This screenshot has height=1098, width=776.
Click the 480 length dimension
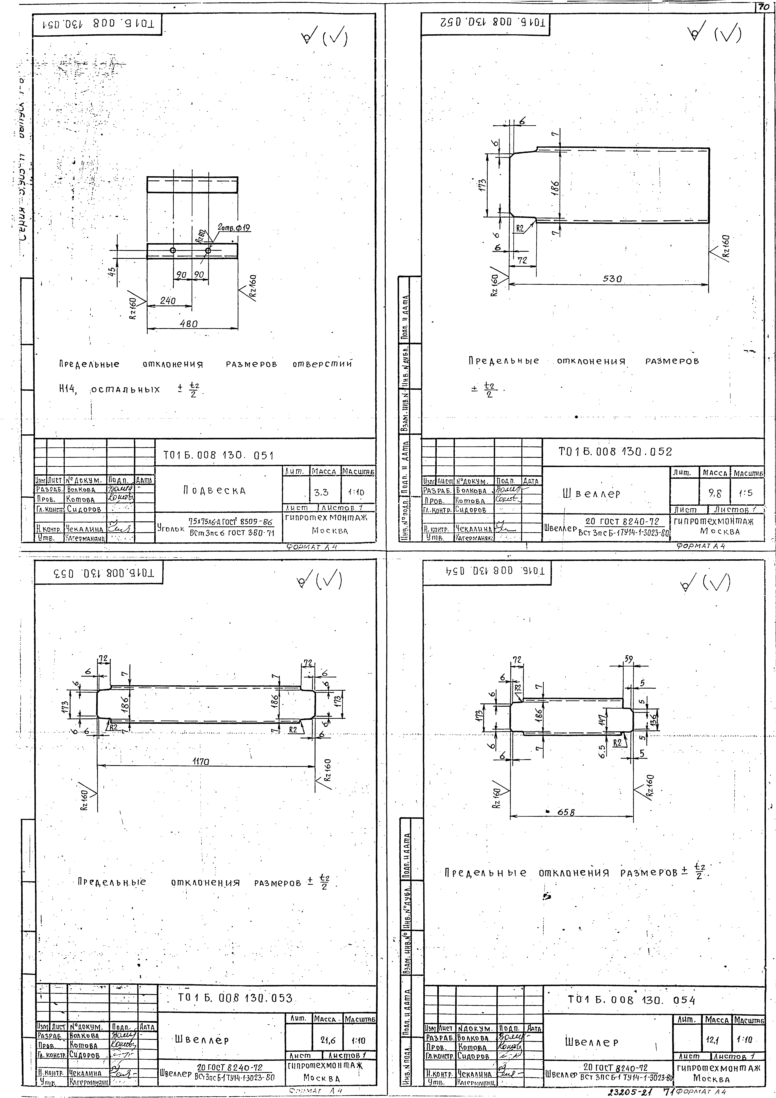(189, 324)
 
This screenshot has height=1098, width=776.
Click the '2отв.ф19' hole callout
(234, 228)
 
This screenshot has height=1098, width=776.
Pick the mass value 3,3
(322, 492)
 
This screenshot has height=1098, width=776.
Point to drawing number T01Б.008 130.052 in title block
(615, 451)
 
